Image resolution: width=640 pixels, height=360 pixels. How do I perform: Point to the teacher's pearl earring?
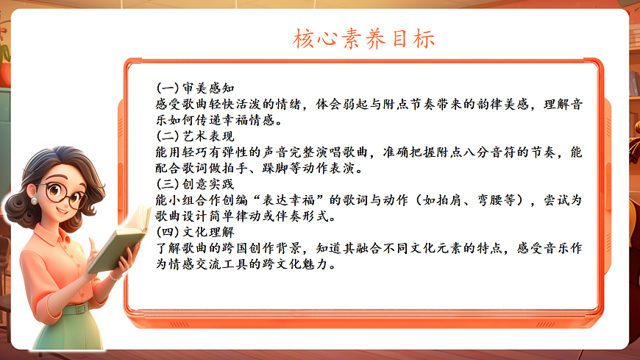(x=35, y=200)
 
